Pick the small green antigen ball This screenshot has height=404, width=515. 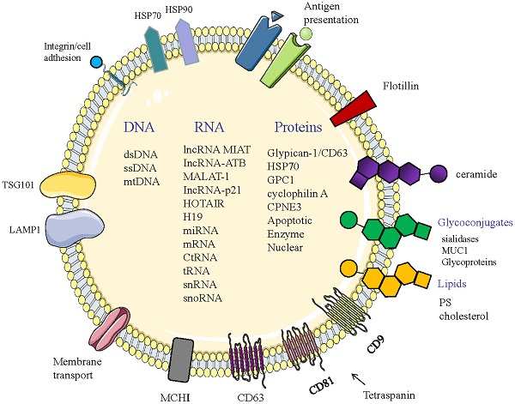(306, 35)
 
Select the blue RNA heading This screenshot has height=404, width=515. (209, 128)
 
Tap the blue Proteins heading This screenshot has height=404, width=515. (298, 128)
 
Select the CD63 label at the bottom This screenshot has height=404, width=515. (251, 396)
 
